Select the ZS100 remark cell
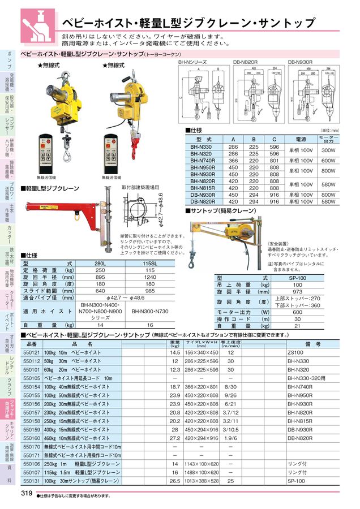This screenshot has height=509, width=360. click(294, 352)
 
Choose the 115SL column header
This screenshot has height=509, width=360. click(150, 264)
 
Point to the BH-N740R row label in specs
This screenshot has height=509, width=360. click(200, 160)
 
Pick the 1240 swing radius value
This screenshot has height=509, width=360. click(150, 284)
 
